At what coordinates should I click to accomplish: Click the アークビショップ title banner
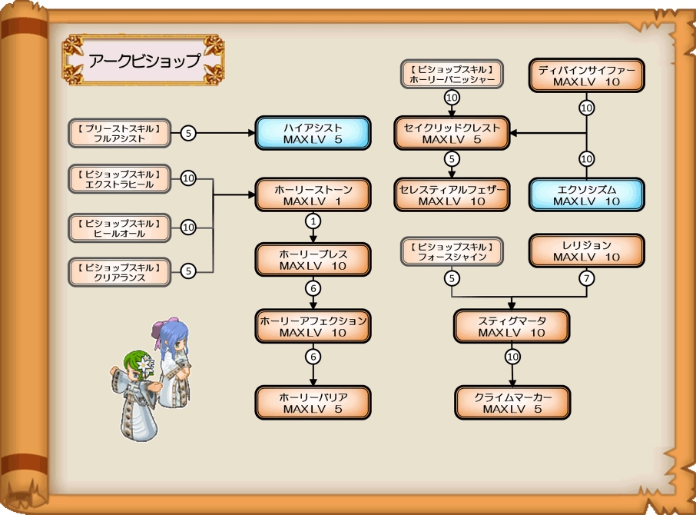tap(144, 61)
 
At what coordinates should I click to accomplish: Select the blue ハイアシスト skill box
tap(313, 133)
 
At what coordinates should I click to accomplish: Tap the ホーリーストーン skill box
tap(313, 195)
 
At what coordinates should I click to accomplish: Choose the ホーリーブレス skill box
tap(313, 260)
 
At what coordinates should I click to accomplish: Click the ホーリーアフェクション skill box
tap(313, 326)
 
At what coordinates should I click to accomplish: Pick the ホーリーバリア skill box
tap(313, 402)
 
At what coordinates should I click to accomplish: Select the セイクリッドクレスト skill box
tap(452, 133)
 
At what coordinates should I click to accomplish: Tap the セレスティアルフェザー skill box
tap(452, 195)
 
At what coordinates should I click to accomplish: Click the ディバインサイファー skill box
tap(587, 75)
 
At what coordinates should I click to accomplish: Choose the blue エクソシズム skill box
tap(587, 195)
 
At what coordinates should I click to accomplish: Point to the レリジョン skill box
tap(587, 251)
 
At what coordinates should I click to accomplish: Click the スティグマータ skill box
tap(512, 326)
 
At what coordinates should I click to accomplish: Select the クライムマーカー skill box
tap(512, 402)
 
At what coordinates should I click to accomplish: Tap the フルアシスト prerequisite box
tap(119, 133)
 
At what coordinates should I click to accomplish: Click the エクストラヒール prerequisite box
tap(119, 178)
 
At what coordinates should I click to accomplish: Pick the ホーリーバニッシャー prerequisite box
tap(452, 74)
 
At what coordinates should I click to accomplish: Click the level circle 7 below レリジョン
tap(587, 278)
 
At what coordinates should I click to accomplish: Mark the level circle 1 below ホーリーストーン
tap(313, 221)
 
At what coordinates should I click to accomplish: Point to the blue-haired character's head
tap(173, 336)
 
